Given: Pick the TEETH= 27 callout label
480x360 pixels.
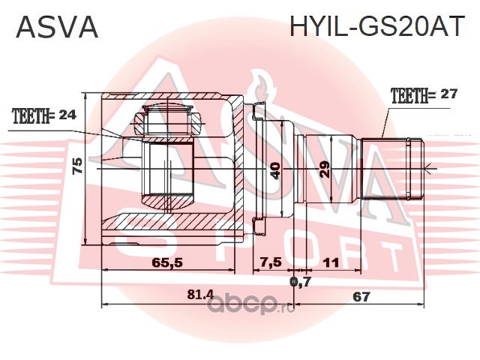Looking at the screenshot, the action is [x=424, y=95].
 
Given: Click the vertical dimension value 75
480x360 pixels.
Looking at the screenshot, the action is [x=78, y=166].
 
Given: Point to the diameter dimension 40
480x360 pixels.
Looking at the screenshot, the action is [x=275, y=170].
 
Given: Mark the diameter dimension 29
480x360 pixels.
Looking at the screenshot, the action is [x=325, y=169].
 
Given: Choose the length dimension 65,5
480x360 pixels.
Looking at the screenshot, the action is [x=167, y=262].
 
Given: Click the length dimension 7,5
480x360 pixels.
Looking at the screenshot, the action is [x=271, y=262].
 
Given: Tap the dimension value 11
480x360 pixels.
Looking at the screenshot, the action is [x=331, y=262].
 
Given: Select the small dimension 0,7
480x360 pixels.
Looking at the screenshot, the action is [x=300, y=281].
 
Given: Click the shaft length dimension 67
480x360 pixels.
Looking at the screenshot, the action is [x=361, y=297].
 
